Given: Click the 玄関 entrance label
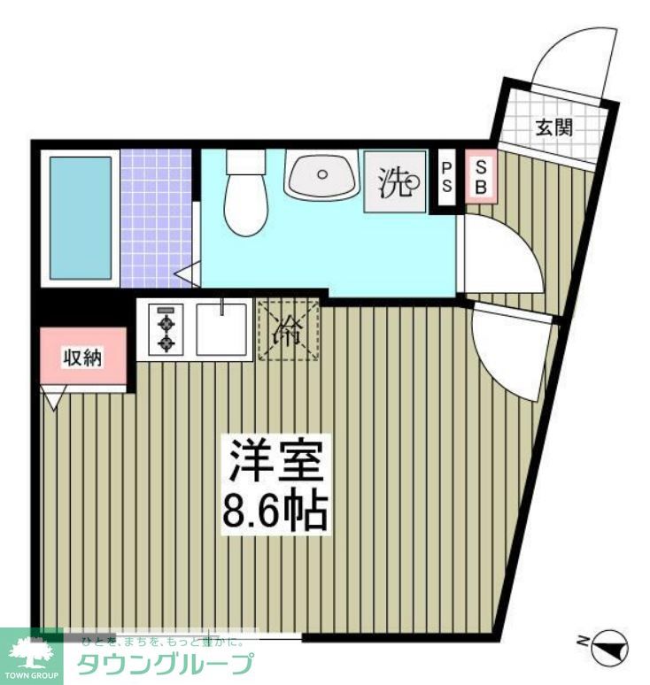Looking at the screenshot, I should [553, 127].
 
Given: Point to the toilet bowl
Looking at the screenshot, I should [244, 198].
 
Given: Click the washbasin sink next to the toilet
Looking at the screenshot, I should [321, 174].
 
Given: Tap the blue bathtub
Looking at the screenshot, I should [80, 218].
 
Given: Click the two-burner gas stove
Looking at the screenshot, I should [166, 330].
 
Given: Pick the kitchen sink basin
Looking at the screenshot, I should [222, 329].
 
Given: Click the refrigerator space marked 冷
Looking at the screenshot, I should [287, 330].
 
